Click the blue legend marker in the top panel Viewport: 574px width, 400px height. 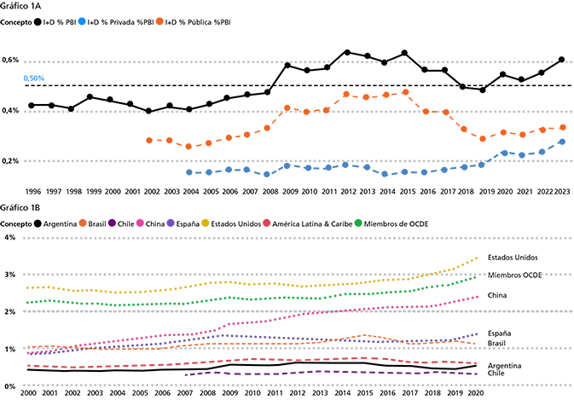81,21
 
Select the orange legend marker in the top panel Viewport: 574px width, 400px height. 159,21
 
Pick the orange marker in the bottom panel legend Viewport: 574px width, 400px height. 82,218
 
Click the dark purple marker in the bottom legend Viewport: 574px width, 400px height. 112,218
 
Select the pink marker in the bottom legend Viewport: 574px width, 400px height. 140,218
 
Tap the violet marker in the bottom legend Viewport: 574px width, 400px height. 170,218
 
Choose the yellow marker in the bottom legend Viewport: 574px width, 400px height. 205,218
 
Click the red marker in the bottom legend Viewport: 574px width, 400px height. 267,218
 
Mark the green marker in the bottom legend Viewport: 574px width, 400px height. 358,218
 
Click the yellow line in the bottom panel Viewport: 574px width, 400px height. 213,287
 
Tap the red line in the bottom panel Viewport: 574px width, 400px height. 256,359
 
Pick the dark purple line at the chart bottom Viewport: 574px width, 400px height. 341,374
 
